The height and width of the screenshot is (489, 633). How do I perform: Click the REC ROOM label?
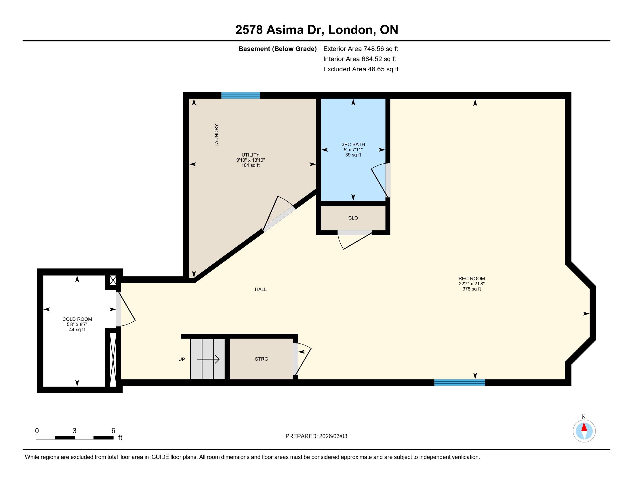(x=472, y=279)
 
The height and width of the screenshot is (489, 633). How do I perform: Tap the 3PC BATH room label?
(x=353, y=144)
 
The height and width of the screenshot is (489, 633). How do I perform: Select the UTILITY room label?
(x=250, y=155)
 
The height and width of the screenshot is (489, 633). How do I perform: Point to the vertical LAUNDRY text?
(x=216, y=135)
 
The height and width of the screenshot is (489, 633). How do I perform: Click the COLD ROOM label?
(x=77, y=319)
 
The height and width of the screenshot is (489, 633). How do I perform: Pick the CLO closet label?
(x=353, y=218)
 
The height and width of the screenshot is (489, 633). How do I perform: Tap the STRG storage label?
(x=262, y=359)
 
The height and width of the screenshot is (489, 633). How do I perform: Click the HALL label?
(x=261, y=289)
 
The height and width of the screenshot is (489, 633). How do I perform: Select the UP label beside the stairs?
(x=182, y=359)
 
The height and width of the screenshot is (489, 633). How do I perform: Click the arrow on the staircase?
(x=208, y=360)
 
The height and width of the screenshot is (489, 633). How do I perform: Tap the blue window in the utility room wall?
(x=241, y=95)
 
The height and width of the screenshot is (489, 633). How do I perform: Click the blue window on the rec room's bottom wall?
(x=460, y=383)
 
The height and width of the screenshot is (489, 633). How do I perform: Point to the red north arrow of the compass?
(x=584, y=427)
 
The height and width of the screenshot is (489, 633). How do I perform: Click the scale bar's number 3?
(x=75, y=431)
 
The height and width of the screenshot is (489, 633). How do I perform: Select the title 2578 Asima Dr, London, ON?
(x=316, y=30)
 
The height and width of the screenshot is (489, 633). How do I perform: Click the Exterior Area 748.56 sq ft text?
(x=361, y=49)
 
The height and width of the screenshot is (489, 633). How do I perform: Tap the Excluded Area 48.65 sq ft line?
(x=361, y=69)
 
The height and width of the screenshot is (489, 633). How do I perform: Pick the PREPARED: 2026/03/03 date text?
(x=316, y=436)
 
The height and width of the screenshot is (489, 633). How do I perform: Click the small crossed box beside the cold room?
(x=113, y=280)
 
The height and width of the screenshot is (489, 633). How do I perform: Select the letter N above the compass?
(x=584, y=417)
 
